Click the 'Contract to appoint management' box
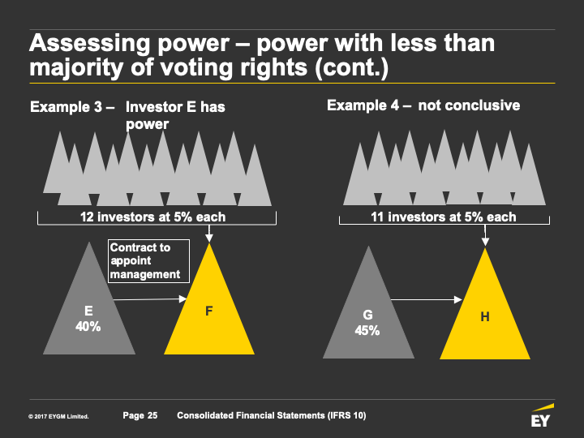[x=148, y=260]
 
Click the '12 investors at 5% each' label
[x=152, y=217]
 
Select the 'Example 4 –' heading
[x=369, y=105]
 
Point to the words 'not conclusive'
[x=469, y=105]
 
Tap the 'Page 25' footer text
[x=140, y=416]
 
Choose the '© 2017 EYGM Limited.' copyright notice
[x=58, y=417]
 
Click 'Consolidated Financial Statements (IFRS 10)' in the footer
[x=271, y=416]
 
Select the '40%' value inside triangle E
[x=88, y=326]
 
